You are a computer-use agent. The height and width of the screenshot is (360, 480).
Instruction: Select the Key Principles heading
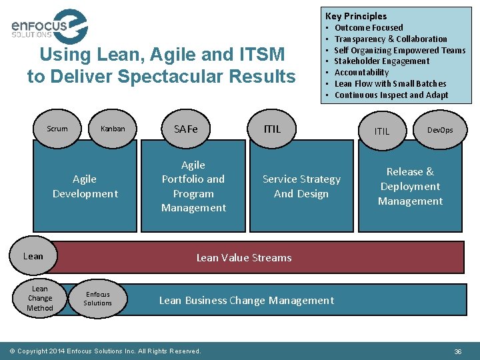355,16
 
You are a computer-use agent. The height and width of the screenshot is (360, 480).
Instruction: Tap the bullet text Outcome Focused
368,28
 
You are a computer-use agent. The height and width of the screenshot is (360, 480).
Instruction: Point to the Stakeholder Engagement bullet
381,61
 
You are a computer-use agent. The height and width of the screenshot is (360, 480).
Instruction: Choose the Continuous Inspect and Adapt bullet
391,95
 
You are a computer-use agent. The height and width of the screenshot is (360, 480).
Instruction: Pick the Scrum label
57,129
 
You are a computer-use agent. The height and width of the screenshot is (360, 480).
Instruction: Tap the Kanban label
113,129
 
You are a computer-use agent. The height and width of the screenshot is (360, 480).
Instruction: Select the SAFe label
186,129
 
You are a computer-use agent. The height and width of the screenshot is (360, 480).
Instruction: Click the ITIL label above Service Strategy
272,129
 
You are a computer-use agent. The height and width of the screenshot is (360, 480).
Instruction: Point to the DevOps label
440,130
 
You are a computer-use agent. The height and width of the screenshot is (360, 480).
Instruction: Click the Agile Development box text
85,186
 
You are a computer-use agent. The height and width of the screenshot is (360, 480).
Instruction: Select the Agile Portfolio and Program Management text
193,186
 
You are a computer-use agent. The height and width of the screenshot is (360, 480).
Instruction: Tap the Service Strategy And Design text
301,186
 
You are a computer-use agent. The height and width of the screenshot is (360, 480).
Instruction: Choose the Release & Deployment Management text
410,186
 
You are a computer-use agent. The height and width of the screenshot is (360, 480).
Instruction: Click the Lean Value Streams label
244,257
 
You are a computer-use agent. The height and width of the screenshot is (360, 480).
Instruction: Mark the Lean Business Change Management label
246,300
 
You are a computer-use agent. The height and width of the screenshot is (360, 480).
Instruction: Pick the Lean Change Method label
40,298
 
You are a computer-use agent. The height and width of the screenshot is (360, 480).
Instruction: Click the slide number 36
458,351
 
